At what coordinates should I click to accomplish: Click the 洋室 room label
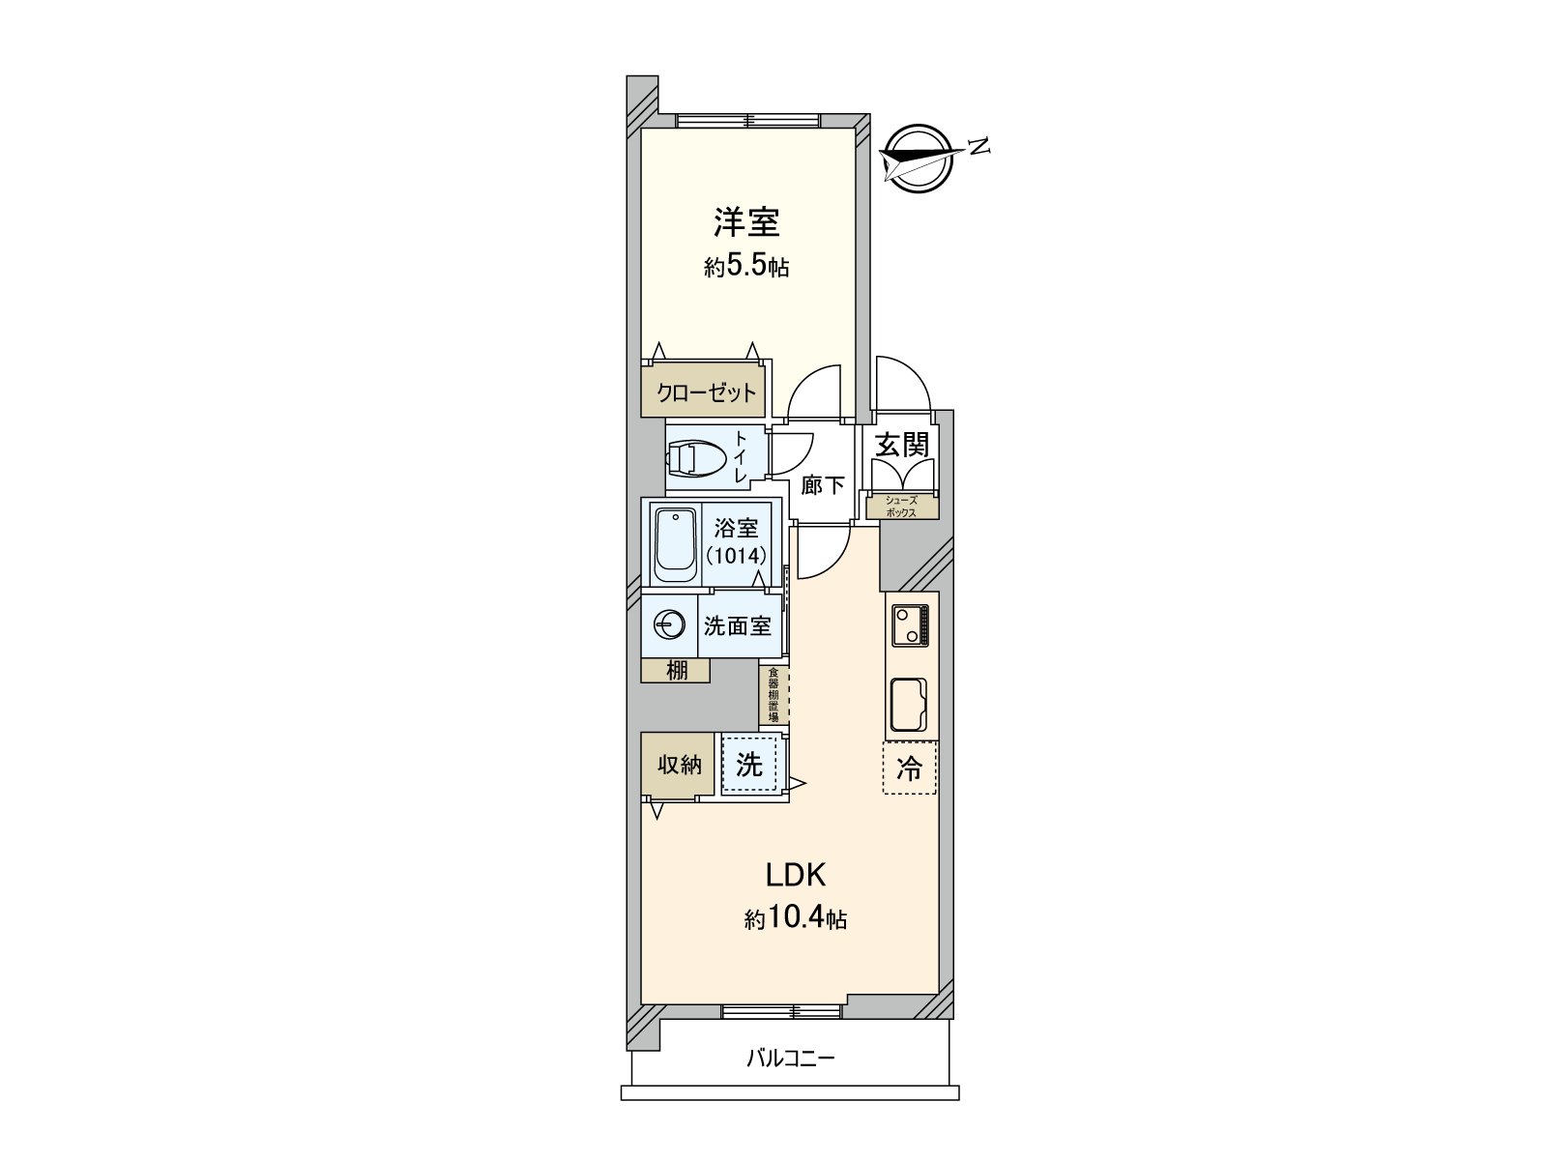point(746,223)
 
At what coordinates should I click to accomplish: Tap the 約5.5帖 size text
point(746,268)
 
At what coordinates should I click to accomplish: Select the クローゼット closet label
point(706,393)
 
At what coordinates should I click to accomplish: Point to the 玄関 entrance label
point(901,445)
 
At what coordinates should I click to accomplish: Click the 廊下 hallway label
point(823,485)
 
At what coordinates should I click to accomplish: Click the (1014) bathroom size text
point(736,556)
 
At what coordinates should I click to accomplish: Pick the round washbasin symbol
point(669,626)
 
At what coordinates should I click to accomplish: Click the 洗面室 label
point(737,626)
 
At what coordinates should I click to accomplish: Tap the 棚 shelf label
point(677,669)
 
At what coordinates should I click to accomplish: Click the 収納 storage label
point(679,765)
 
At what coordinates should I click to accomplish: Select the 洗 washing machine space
point(749,765)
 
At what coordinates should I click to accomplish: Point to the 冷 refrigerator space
point(909,768)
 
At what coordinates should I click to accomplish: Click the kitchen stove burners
point(910,624)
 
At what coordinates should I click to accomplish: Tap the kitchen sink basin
point(908,706)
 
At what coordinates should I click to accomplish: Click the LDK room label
point(795,876)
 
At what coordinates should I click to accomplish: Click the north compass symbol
point(918,158)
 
